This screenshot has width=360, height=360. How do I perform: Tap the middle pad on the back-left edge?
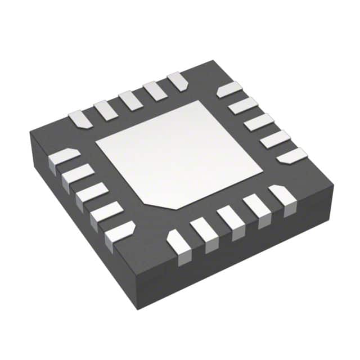[x=130, y=101]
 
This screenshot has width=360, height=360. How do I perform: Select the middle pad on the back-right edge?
[x=259, y=122]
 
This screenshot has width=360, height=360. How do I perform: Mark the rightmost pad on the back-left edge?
[x=177, y=81]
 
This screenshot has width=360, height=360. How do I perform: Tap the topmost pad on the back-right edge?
[x=229, y=89]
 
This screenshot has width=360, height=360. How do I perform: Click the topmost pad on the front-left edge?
[x=65, y=157]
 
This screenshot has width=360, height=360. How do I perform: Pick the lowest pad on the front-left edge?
[x=119, y=231]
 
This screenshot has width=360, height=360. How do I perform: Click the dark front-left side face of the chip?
[x=79, y=225]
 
